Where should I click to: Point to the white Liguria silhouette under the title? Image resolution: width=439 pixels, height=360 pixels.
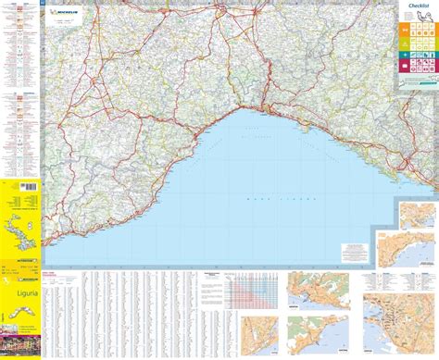[20, 315]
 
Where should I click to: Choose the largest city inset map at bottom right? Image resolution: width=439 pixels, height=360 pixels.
[398, 324]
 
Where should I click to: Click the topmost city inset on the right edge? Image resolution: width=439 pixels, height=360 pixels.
[417, 215]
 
